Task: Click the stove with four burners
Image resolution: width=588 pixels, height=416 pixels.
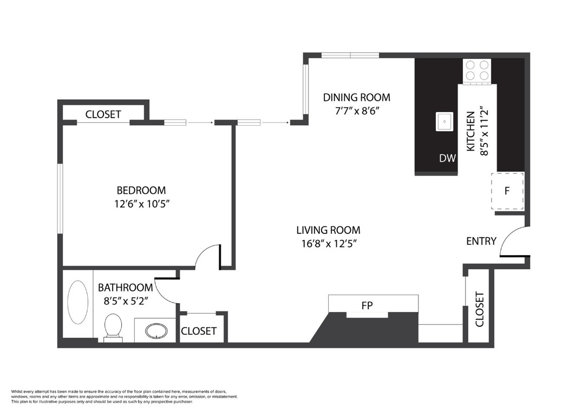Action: [x=477, y=70]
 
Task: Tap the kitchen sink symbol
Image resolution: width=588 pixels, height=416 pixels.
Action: [x=445, y=121]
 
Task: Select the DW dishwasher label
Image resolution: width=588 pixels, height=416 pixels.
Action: [x=447, y=159]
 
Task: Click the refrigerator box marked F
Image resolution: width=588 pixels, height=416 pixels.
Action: [x=507, y=191]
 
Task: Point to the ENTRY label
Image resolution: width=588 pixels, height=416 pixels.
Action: [x=481, y=241]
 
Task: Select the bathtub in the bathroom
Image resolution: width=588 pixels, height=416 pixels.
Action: [x=78, y=302]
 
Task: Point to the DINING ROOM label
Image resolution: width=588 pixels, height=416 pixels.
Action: [x=356, y=97]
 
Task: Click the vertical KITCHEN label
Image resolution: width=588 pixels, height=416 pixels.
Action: [x=471, y=132]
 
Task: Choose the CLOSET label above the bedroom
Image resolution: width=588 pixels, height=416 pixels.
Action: [x=103, y=114]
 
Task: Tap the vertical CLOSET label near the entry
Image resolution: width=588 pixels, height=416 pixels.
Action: [x=479, y=309]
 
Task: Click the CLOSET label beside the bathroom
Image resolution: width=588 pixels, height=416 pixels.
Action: [x=198, y=331]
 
